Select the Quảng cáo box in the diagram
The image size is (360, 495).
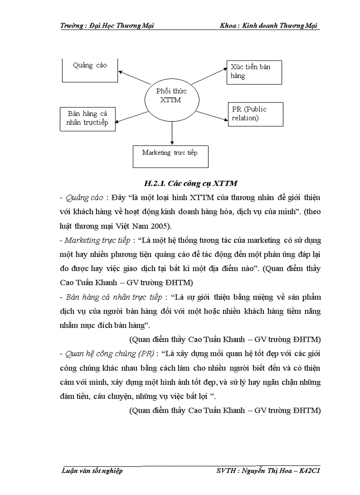90,70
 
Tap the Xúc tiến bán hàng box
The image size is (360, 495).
254,72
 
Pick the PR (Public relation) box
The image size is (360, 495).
255,114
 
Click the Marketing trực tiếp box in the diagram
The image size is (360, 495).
170,156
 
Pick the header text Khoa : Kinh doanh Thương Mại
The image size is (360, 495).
269,26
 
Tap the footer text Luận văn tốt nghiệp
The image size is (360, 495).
92,471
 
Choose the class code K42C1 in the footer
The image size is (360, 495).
309,471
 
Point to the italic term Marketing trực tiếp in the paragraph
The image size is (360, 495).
97,240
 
